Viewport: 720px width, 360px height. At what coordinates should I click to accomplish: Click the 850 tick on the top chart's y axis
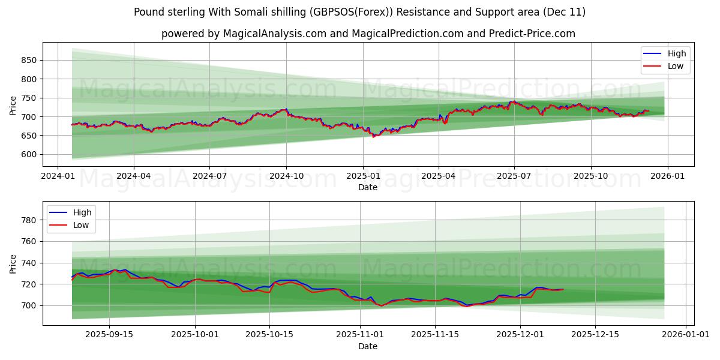pos(28,60)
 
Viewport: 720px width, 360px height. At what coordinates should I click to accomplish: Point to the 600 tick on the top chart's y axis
pos(28,154)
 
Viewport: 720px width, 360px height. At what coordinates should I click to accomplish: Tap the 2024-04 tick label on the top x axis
pos(133,176)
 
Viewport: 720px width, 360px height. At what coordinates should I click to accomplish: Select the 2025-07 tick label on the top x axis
pos(514,176)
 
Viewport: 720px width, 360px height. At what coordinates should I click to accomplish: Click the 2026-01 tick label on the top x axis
pos(667,176)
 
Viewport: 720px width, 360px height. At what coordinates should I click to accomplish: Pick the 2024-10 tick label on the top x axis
pos(286,176)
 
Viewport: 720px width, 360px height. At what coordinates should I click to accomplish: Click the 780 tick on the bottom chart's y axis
pos(28,220)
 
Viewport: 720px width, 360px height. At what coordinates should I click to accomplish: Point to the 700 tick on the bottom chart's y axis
pos(28,305)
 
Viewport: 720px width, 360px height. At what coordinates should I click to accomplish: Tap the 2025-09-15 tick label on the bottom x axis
pos(109,335)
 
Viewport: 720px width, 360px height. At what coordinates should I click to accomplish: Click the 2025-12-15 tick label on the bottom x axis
pos(595,335)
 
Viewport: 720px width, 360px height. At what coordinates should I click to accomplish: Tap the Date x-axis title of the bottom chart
pos(368,346)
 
